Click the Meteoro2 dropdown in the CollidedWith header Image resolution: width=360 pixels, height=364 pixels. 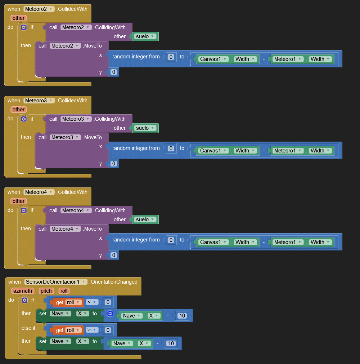click(x=39, y=9)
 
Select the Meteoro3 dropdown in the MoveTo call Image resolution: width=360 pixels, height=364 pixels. click(x=65, y=137)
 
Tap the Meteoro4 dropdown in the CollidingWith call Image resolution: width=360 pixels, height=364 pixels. click(x=76, y=210)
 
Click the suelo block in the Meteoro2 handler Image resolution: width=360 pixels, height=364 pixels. click(x=145, y=36)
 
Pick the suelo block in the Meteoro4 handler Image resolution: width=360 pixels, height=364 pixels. click(x=145, y=219)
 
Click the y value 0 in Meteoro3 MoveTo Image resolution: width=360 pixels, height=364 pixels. click(x=114, y=164)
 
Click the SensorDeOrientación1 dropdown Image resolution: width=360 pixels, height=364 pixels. click(x=56, y=282)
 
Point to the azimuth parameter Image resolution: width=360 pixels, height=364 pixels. click(x=23, y=291)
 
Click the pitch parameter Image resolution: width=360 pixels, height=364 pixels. click(x=46, y=291)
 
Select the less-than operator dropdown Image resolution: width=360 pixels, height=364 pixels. click(x=92, y=302)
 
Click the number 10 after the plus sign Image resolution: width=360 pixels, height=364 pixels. click(x=182, y=316)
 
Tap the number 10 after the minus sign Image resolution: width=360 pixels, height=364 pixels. click(x=171, y=343)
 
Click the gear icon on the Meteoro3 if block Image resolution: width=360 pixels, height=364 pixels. click(x=24, y=119)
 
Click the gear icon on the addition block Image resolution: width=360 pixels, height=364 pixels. click(x=110, y=314)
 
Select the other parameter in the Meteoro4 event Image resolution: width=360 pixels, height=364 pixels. click(x=18, y=201)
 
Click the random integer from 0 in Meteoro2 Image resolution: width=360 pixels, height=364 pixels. click(x=171, y=57)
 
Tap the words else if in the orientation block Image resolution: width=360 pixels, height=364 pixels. click(x=28, y=328)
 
